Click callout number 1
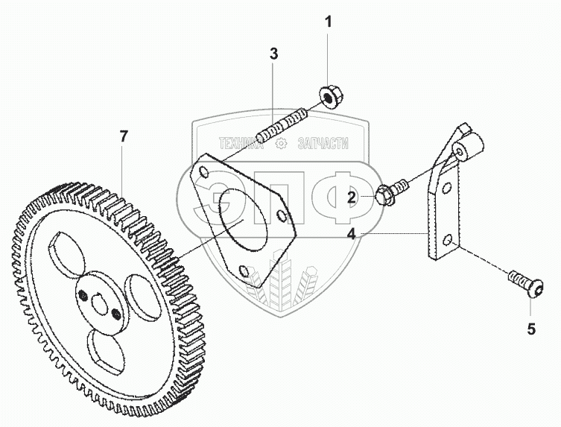point(328,22)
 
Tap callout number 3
point(273,54)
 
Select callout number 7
point(124,136)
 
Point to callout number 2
point(352,197)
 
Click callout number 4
point(352,235)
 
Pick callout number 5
point(531,329)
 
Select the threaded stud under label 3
point(282,127)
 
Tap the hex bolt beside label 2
point(391,192)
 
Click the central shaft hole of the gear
point(100,303)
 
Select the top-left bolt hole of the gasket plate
point(203,172)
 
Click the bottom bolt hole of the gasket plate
point(243,271)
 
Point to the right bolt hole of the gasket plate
point(281,215)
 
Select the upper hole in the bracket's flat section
point(446,188)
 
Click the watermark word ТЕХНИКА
point(241,144)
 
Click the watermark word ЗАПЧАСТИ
point(323,144)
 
